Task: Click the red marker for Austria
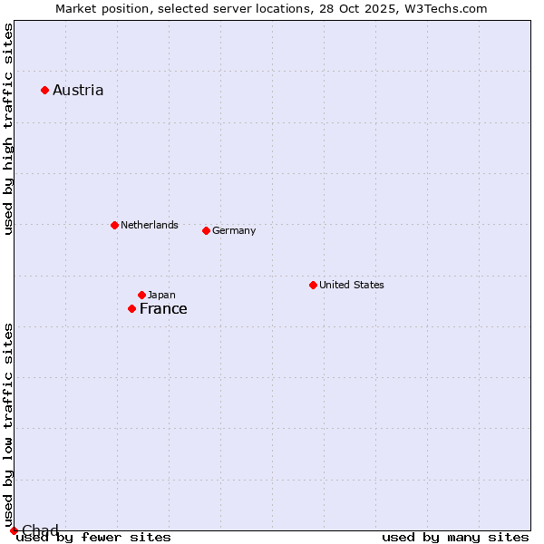tap(44, 90)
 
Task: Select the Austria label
tap(78, 90)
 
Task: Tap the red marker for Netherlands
tap(114, 225)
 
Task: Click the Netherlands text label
tap(149, 225)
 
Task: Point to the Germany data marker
tap(206, 230)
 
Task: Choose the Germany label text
tap(234, 230)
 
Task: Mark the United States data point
tap(313, 285)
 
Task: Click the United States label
tap(351, 285)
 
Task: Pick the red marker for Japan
tap(141, 295)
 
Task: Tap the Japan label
tap(161, 295)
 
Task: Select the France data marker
tap(131, 308)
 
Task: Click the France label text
tap(163, 308)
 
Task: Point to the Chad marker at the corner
tap(14, 530)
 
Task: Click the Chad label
tap(40, 530)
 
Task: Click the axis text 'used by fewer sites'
tap(93, 538)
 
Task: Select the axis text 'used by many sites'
tap(455, 538)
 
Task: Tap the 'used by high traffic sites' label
tap(8, 130)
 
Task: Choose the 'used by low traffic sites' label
tap(8, 424)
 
